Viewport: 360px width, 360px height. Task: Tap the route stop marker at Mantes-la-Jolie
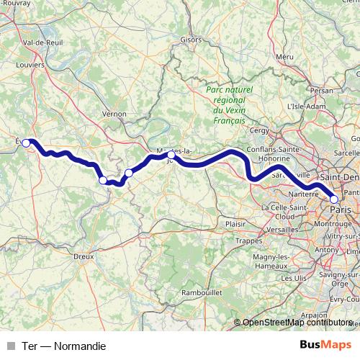[171, 155]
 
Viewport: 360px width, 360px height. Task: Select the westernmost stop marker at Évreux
[26, 143]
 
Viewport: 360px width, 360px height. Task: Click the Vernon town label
[114, 114]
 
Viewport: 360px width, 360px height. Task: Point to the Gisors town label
[191, 40]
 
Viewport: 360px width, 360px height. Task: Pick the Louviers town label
[30, 64]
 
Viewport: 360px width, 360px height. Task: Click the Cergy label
[257, 130]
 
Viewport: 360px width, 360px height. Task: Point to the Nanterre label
[303, 194]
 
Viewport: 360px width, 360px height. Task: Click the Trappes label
[249, 240]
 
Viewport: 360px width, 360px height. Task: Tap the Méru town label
[284, 56]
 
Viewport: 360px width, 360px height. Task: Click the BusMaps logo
[327, 346]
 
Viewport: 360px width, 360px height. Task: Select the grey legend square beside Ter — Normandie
[10, 346]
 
